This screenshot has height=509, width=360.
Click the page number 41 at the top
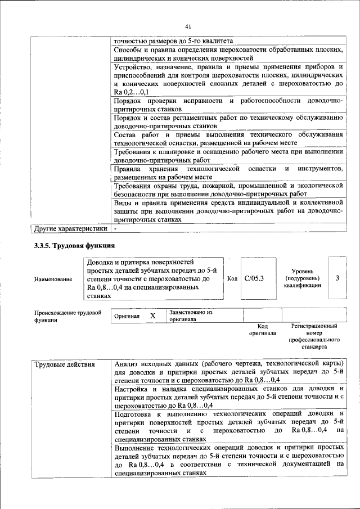point(188,25)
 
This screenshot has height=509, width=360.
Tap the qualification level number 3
point(337,278)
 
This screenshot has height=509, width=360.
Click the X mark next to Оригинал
point(152,316)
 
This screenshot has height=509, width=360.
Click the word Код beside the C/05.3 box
point(232,278)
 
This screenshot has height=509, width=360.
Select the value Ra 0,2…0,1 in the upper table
point(131,92)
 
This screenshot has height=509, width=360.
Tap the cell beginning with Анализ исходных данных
point(228,372)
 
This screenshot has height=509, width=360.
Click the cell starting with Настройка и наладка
point(228,397)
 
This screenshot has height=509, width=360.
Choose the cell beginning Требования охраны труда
point(228,190)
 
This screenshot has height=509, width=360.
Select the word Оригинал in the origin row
point(127,316)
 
